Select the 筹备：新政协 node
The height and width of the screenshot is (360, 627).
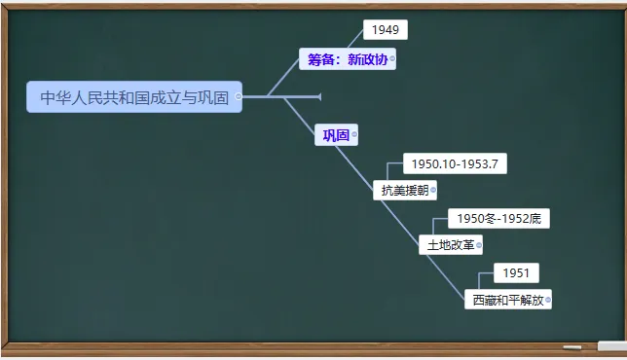tap(347, 59)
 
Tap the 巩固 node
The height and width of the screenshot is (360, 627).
tap(336, 135)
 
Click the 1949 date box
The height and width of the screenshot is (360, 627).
tap(385, 30)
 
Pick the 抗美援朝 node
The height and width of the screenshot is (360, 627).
tap(402, 190)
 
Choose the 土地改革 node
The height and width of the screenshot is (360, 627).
tap(449, 245)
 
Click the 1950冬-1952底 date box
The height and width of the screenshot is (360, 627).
tap(498, 219)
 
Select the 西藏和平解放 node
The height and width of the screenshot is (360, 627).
tap(506, 300)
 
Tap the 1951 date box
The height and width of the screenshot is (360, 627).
tap(516, 273)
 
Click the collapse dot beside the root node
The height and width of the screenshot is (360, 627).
tap(239, 96)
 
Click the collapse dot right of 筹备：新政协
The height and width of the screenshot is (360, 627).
tap(392, 59)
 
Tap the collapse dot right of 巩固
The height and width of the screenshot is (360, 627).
tap(354, 135)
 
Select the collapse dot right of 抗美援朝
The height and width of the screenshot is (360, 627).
tap(433, 190)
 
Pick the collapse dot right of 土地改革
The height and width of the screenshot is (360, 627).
tap(479, 245)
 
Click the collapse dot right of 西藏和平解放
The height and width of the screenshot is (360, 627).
tap(549, 300)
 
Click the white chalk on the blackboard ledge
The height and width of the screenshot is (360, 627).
tap(572, 347)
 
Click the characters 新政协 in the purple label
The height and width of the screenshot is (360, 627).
tap(367, 59)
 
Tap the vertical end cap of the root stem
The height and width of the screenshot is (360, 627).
tap(319, 96)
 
